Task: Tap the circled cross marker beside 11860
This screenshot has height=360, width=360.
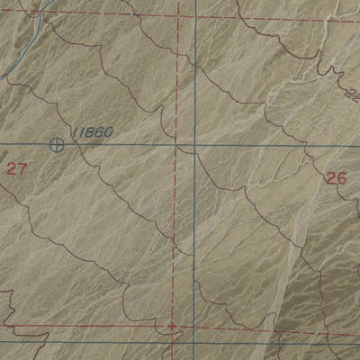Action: [x=58, y=144]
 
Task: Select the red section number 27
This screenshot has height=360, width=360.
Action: [x=16, y=168]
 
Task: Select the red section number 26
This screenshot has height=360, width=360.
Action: [x=335, y=178]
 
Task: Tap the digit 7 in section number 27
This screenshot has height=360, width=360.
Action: [x=22, y=168]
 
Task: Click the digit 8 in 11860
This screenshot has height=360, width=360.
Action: [x=90, y=133]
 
